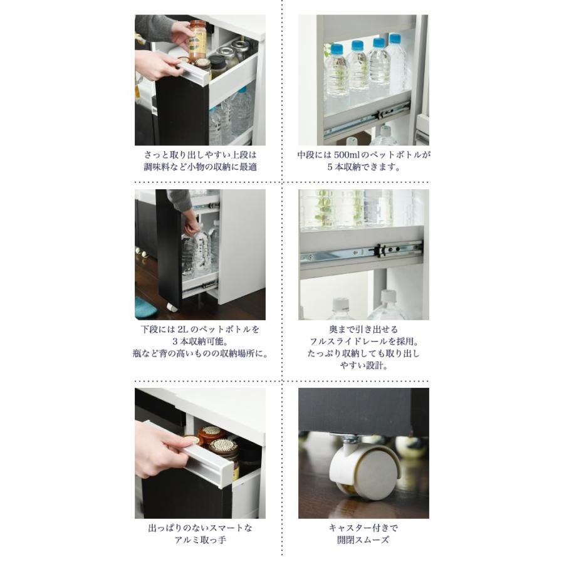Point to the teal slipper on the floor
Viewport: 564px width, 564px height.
[x=145, y=306]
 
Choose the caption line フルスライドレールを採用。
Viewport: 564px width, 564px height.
[x=363, y=342]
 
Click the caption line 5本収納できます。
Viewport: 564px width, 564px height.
[x=363, y=167]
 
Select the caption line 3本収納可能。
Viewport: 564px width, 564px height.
[x=200, y=342]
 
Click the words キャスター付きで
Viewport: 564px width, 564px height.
[x=363, y=528]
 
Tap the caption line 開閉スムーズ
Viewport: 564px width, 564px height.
[x=363, y=540]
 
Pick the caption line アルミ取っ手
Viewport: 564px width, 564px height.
[x=200, y=540]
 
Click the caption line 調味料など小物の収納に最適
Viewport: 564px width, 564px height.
[x=200, y=167]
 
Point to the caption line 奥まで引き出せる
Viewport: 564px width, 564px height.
[x=363, y=329]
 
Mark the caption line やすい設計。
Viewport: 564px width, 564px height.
[x=363, y=366]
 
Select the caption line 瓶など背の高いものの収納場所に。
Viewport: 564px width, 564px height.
[x=200, y=353]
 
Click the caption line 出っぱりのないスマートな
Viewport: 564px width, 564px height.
[x=200, y=528]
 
